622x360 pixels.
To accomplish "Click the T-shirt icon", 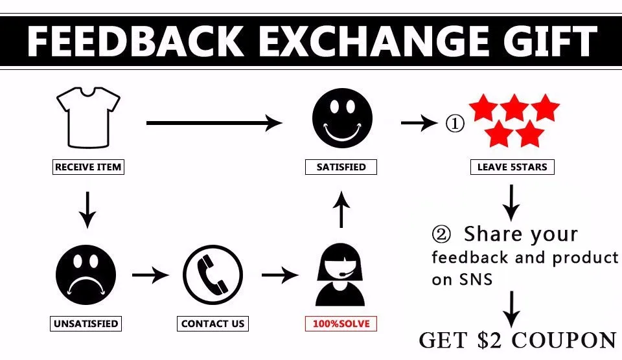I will click(88, 118).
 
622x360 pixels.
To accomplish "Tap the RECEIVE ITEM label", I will click(88, 167).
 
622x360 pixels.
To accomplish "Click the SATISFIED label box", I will click(341, 167).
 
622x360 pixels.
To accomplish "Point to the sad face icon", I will click(86, 275).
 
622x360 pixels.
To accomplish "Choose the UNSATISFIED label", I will click(86, 323).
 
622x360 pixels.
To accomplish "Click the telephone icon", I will click(213, 275).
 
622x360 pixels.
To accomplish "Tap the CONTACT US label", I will click(213, 323).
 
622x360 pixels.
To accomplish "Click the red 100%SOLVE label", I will click(341, 323).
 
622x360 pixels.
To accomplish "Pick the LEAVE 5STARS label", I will click(512, 167).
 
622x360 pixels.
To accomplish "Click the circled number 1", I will click(455, 123).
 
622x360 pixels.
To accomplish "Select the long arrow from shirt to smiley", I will click(214, 122).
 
